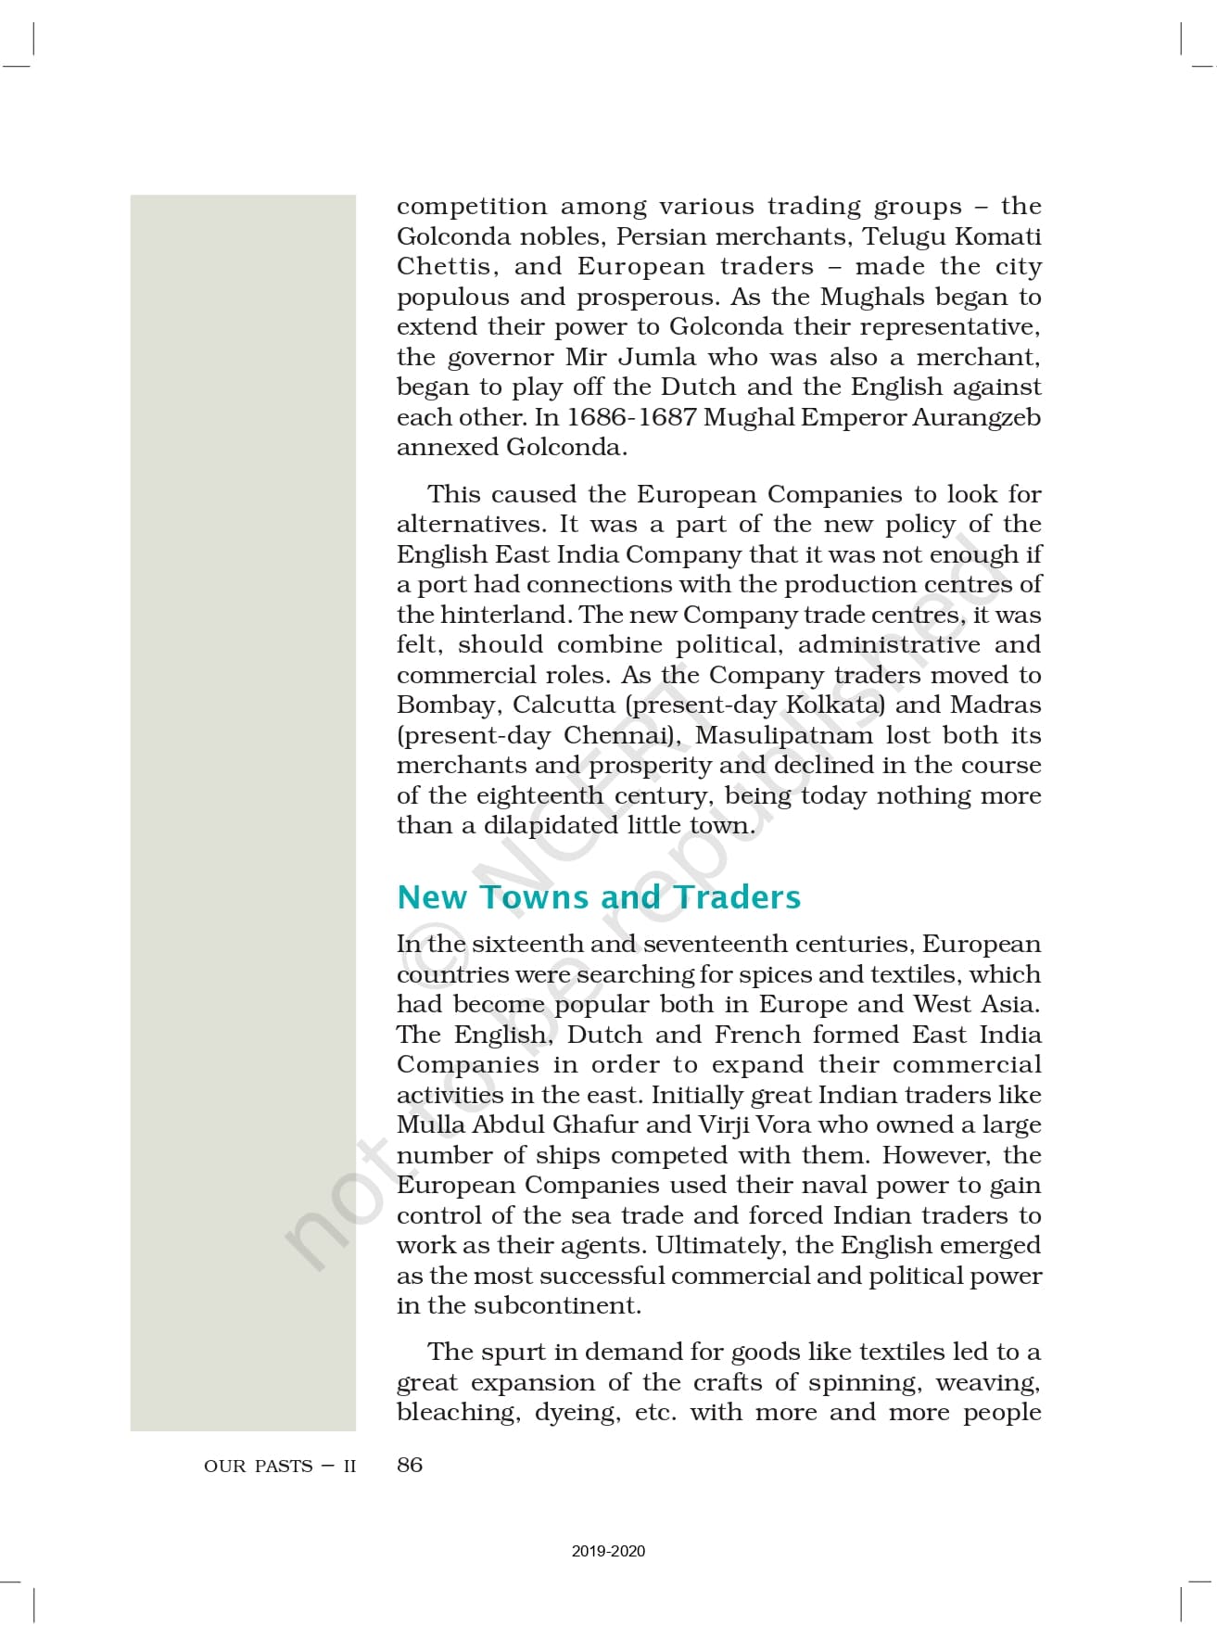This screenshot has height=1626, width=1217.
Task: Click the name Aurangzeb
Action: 976,417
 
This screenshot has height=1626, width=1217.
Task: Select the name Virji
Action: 724,1124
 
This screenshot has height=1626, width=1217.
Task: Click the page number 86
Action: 410,1465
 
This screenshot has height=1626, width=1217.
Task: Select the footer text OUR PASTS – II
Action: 280,1466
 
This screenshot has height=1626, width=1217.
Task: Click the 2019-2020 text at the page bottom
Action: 608,1551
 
